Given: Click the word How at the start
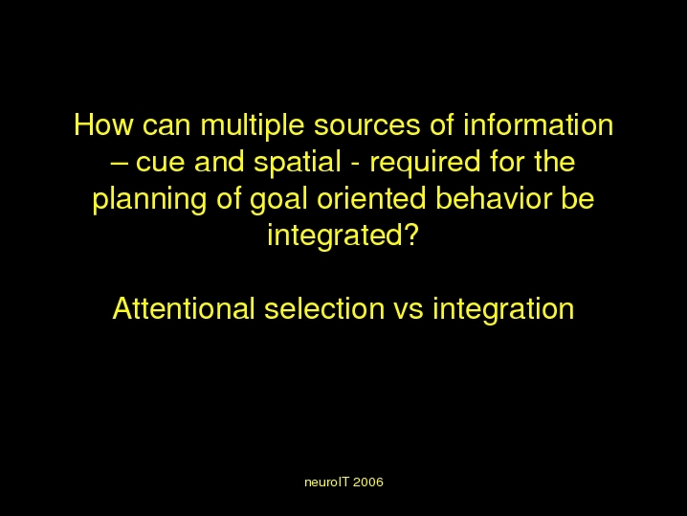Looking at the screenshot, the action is click(x=103, y=125).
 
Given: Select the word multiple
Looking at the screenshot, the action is click(x=253, y=126).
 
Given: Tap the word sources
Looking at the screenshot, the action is click(x=366, y=126).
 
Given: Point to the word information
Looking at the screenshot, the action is click(x=539, y=125).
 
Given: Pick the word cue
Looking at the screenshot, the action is click(x=160, y=163).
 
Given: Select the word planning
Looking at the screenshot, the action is click(x=149, y=200).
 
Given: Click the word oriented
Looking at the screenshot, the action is click(x=371, y=198).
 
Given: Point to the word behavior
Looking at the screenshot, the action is click(x=494, y=198).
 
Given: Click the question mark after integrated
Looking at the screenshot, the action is click(x=410, y=235).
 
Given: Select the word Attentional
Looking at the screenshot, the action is click(x=184, y=308).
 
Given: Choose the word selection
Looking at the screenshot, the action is click(x=324, y=308).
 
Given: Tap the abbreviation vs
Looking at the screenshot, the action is click(x=409, y=311).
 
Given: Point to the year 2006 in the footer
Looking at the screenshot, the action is click(x=368, y=482).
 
